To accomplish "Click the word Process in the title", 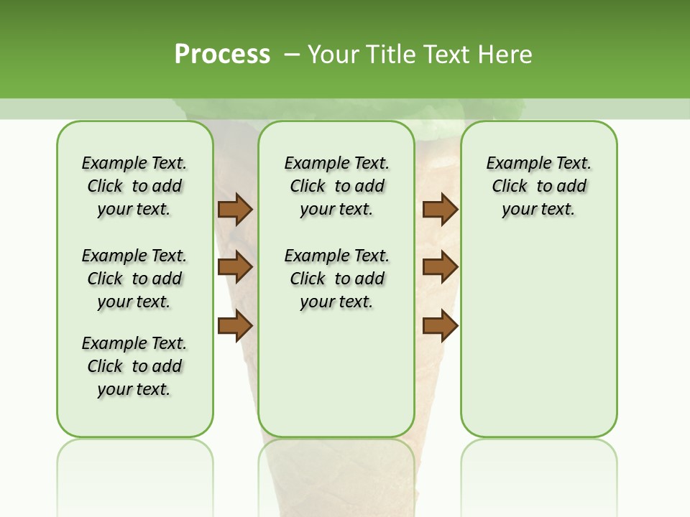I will coord(222,55).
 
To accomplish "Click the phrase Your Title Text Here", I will coord(420,55).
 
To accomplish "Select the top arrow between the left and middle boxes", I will coord(235,210).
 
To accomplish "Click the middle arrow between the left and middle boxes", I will coord(235,267).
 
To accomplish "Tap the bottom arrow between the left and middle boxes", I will coord(235,325).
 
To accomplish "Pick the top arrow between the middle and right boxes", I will coord(440,210).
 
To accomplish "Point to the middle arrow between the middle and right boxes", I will coord(440,267).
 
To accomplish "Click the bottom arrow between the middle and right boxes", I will coord(440,325).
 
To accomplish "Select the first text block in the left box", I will coord(134,186).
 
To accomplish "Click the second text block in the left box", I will coord(134,279).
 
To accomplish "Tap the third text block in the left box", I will coord(134,366).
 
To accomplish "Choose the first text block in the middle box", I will coord(336,186).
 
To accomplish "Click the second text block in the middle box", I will coord(336,279).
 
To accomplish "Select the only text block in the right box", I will coord(538,186).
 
